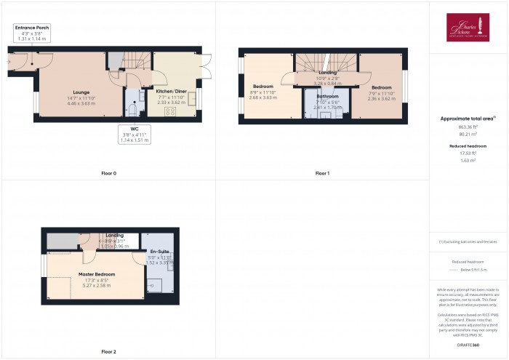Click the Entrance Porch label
[33, 28]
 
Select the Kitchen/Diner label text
[172, 92]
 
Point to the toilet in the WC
[132, 109]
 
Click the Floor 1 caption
[322, 174]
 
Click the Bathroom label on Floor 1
[327, 96]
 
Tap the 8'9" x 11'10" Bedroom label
[262, 87]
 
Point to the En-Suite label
[158, 251]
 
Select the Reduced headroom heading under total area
[468, 146]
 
